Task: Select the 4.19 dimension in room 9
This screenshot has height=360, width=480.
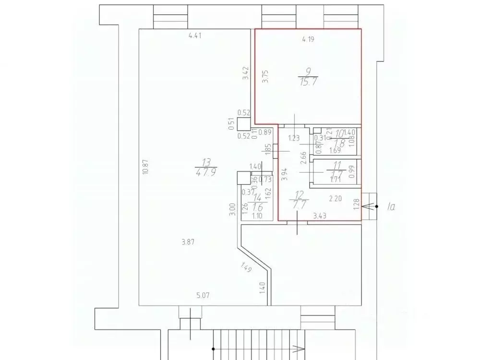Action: tap(308, 40)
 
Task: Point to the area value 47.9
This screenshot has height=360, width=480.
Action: tap(204, 172)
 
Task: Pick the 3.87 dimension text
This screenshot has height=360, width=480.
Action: tap(189, 242)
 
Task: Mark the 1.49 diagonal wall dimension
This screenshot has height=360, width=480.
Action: tap(246, 267)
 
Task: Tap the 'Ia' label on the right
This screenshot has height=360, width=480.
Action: tap(391, 207)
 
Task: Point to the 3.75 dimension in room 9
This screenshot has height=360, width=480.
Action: tap(266, 77)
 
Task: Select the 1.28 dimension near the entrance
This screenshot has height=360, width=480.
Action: tap(356, 205)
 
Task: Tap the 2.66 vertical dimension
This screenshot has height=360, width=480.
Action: tap(302, 158)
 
